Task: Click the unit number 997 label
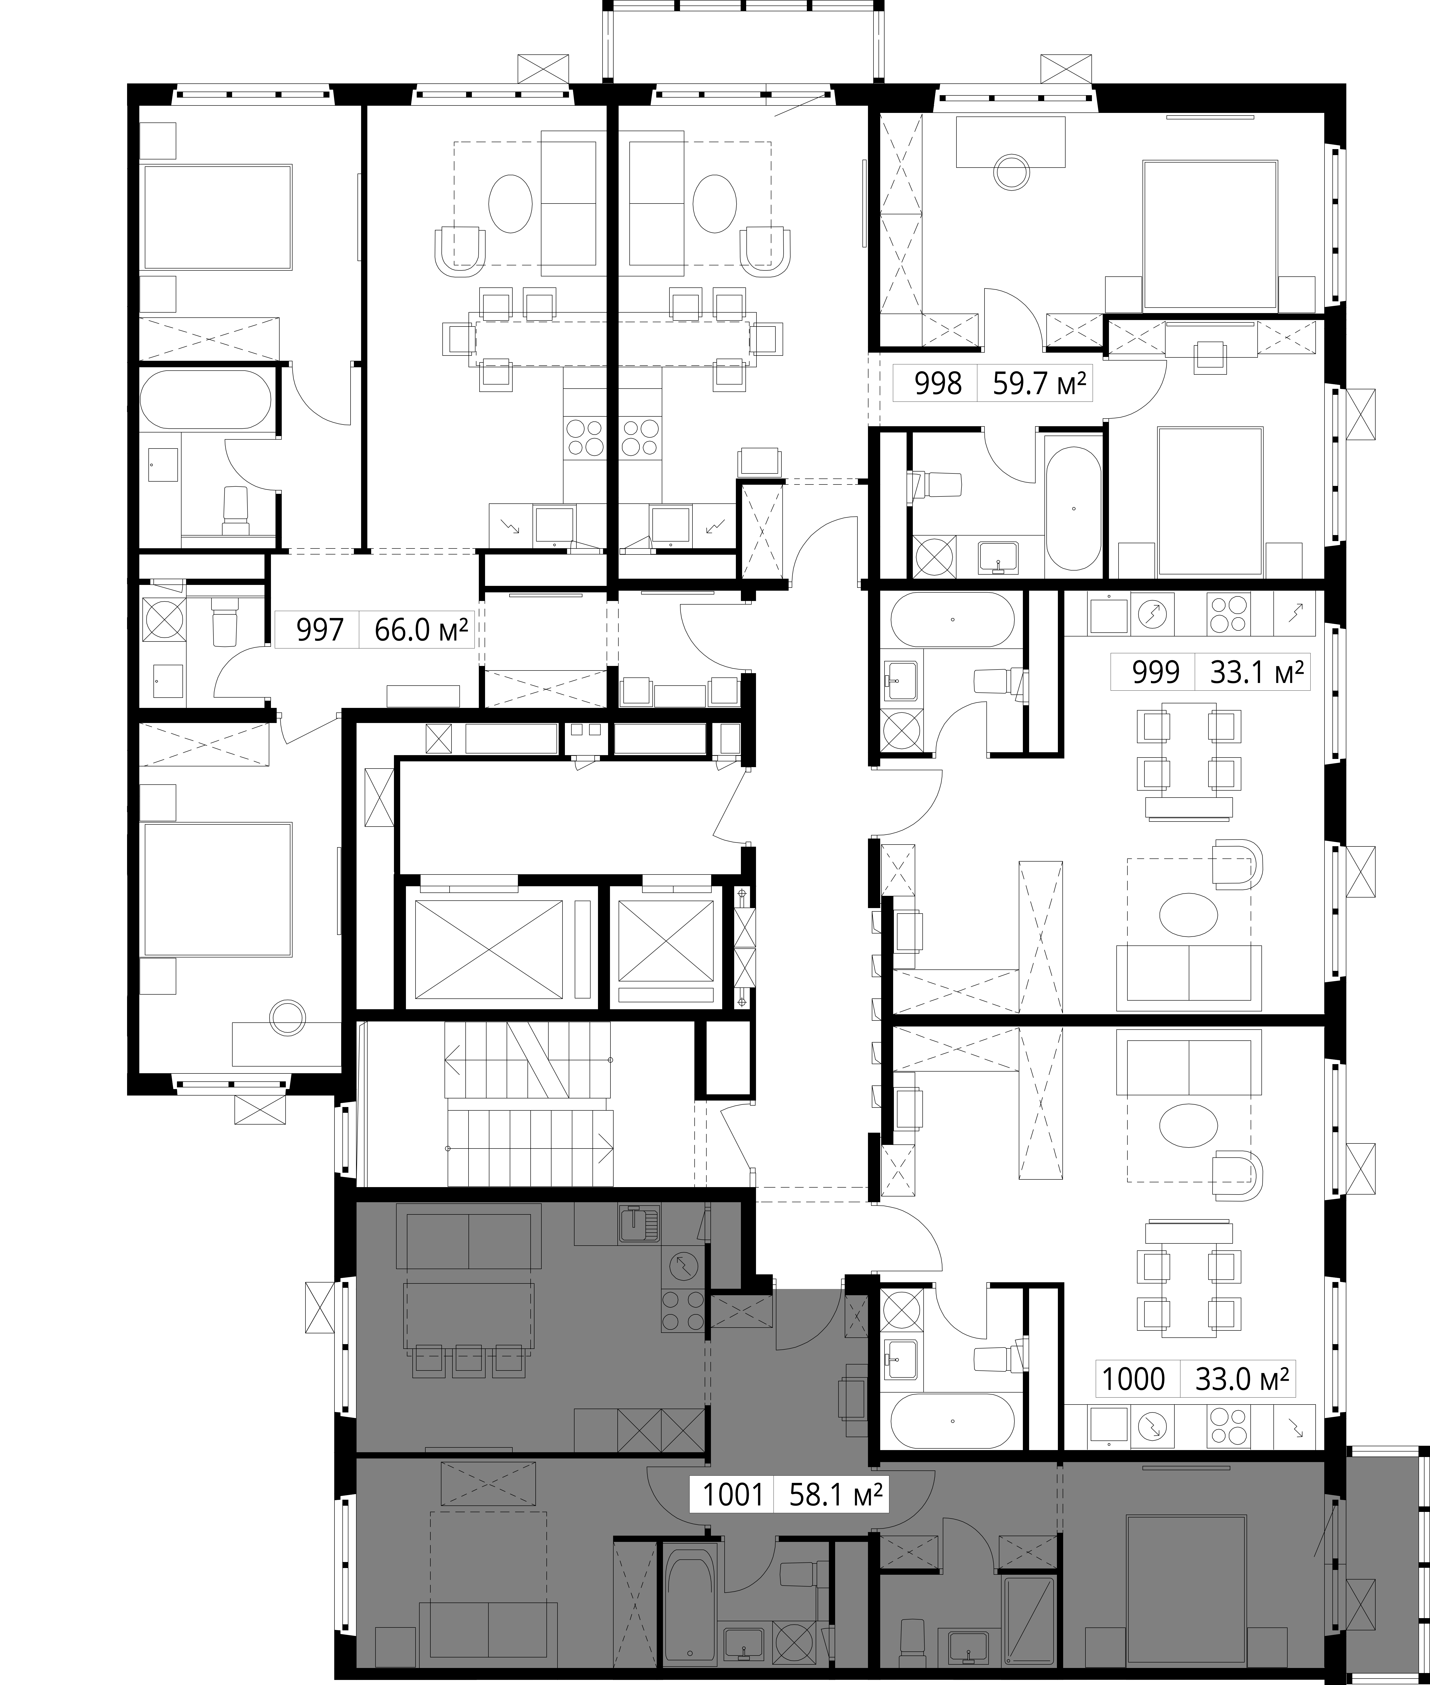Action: pos(320,630)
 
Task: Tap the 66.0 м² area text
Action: pos(422,630)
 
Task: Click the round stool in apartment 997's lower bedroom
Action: pos(287,1017)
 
